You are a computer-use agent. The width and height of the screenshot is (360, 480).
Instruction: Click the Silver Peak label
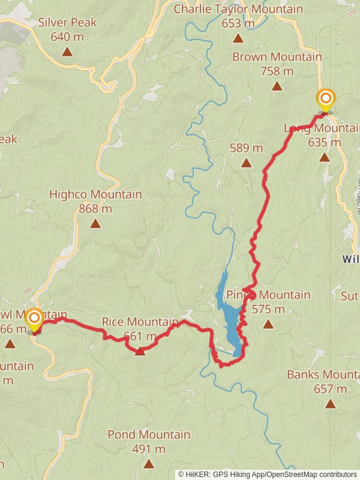pyautogui.click(x=67, y=23)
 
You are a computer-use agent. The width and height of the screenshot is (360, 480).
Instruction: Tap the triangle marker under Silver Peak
pyautogui.click(x=67, y=52)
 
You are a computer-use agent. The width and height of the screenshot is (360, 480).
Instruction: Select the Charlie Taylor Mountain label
pyautogui.click(x=238, y=10)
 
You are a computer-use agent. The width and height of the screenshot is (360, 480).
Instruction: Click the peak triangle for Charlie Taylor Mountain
pyautogui.click(x=238, y=38)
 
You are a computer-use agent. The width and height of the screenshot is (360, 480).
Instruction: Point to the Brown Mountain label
pyautogui.click(x=277, y=57)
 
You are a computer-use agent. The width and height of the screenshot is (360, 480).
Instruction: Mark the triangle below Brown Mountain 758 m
pyautogui.click(x=277, y=86)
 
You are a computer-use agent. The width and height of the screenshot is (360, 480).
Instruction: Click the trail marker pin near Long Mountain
pyautogui.click(x=326, y=100)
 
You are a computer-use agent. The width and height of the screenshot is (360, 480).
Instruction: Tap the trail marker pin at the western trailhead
pyautogui.click(x=34, y=319)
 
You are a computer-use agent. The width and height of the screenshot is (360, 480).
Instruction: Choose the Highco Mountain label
pyautogui.click(x=95, y=194)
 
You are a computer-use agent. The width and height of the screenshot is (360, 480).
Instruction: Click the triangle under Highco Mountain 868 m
pyautogui.click(x=95, y=224)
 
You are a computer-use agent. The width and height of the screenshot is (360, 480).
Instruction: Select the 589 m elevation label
pyautogui.click(x=247, y=148)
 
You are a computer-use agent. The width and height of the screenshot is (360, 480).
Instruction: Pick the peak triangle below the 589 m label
pyautogui.click(x=246, y=163)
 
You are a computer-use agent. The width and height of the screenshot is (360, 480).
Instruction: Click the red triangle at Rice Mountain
pyautogui.click(x=140, y=351)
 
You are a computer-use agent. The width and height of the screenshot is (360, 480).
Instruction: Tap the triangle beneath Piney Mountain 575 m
pyautogui.click(x=268, y=325)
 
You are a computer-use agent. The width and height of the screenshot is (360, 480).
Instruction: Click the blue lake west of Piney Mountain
pyautogui.click(x=230, y=318)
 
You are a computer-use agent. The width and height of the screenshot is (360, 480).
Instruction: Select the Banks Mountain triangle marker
pyautogui.click(x=330, y=404)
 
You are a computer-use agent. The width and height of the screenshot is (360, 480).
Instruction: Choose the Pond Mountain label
pyautogui.click(x=149, y=434)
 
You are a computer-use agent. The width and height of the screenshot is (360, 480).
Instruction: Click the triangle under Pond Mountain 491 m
pyautogui.click(x=149, y=463)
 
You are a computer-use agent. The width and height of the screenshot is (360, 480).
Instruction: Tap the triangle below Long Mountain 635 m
pyautogui.click(x=324, y=158)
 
